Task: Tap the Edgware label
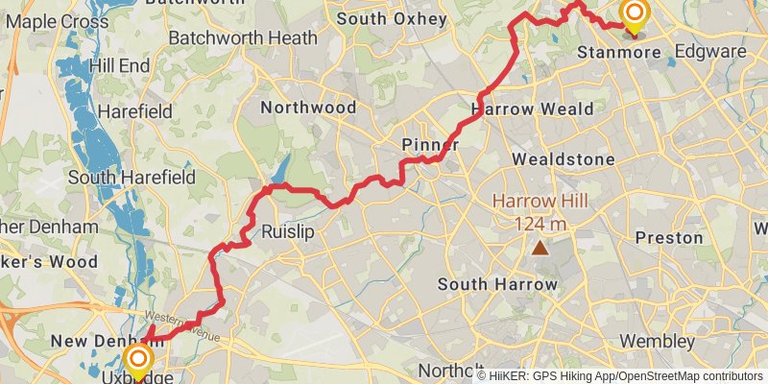click(x=709, y=51)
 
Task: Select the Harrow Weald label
click(x=533, y=108)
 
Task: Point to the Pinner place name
click(x=429, y=145)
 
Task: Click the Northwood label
click(x=308, y=108)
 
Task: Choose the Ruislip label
click(x=288, y=231)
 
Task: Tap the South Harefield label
click(x=132, y=177)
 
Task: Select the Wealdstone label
click(x=563, y=157)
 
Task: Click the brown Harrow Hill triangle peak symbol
click(x=541, y=249)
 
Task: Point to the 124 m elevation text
click(x=541, y=224)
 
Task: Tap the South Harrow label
click(x=497, y=284)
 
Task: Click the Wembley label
click(x=657, y=341)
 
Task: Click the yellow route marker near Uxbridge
click(x=139, y=361)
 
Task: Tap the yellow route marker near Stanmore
click(x=634, y=13)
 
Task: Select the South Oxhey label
click(x=392, y=18)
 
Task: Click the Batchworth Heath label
click(x=242, y=38)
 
